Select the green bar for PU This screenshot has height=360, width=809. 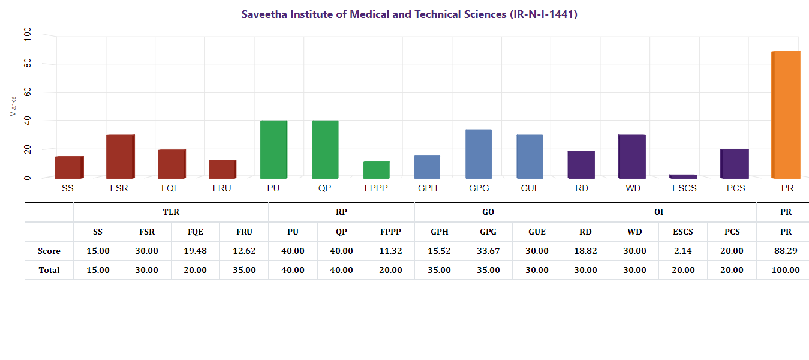tap(273, 149)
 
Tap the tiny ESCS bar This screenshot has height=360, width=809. tap(683, 176)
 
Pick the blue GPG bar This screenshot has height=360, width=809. tap(479, 154)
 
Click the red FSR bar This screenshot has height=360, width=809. tap(120, 157)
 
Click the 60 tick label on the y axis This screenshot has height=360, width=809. tap(28, 92)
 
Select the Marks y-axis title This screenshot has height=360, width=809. tap(13, 106)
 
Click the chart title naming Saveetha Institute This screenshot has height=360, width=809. tap(409, 14)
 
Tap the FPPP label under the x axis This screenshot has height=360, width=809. tap(376, 188)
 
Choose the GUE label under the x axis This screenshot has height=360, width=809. tap(530, 188)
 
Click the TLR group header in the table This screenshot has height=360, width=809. tap(171, 212)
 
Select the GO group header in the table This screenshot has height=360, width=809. tap(488, 212)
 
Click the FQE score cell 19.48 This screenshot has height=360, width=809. tap(196, 251)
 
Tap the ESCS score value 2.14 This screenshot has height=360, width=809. tap(683, 251)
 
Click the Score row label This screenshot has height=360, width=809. tap(49, 251)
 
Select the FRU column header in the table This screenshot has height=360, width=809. tap(244, 232)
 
